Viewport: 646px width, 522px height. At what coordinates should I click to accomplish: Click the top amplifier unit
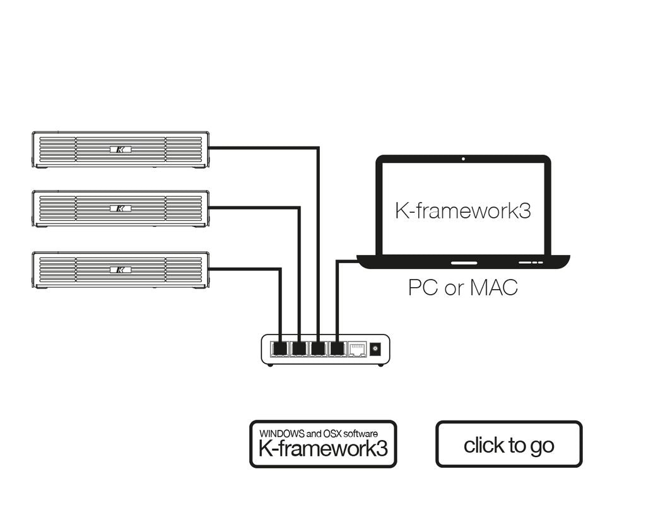[120, 150]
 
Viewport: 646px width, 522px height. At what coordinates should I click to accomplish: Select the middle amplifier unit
[120, 208]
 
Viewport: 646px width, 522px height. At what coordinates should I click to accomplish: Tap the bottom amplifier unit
[120, 270]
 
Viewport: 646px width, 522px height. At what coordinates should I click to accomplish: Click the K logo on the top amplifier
[120, 150]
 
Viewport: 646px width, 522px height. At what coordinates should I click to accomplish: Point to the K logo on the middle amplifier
[120, 208]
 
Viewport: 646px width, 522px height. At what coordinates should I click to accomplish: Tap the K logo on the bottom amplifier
[120, 270]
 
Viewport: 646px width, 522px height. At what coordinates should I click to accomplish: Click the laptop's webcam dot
[463, 159]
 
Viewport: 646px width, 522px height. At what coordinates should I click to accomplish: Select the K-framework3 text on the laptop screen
[462, 210]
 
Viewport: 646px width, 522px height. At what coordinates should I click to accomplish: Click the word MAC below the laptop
[493, 288]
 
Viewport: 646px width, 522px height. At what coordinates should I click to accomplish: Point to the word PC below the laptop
[423, 288]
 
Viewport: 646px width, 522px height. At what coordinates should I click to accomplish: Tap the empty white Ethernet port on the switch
[358, 348]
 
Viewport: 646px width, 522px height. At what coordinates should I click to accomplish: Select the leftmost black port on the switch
[279, 348]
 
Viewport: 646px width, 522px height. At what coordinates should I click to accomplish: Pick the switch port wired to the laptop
[338, 348]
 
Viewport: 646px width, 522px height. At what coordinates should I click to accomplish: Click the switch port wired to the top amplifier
[319, 348]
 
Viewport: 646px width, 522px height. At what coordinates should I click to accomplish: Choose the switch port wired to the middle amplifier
[299, 348]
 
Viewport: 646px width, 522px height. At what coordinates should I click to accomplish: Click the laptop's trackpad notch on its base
[464, 261]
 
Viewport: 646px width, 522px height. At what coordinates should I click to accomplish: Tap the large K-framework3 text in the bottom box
[323, 449]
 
